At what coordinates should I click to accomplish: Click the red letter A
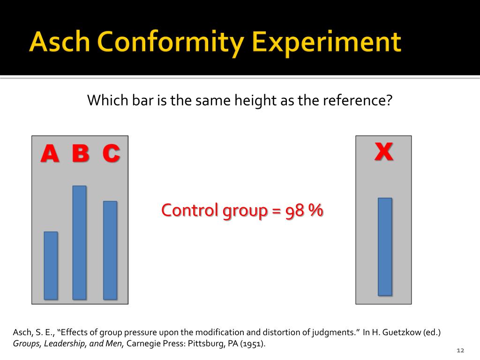pos(50,154)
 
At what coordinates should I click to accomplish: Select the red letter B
pos(81,153)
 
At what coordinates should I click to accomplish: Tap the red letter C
pos(111,153)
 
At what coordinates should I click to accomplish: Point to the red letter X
pos(383,151)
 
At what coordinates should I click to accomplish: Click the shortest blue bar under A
pos(51,265)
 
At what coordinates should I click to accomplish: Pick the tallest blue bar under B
pos(79,242)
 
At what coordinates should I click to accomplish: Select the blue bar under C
pos(110,250)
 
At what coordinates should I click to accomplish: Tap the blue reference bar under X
pos(384,247)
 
